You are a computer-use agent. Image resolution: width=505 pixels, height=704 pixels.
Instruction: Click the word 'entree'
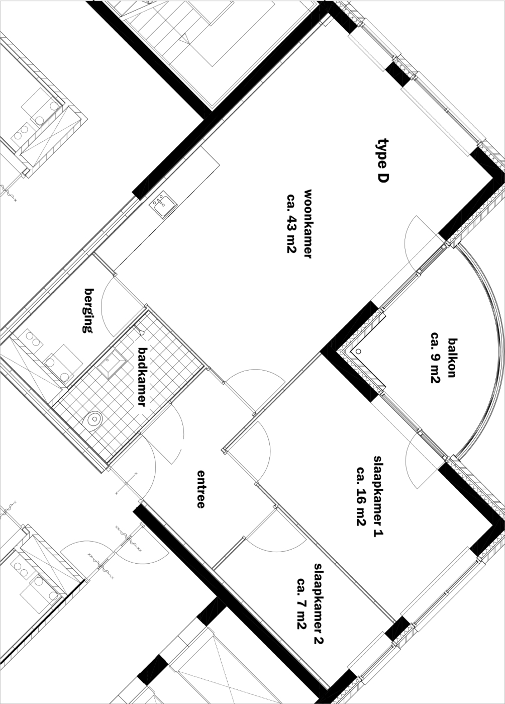coord(200,493)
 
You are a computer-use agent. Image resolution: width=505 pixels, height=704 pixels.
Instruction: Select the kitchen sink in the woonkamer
coord(163,204)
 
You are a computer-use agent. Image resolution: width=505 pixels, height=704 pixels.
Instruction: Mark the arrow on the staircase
coord(185,39)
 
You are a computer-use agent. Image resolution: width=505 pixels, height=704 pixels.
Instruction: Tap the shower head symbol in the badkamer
coord(141,331)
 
